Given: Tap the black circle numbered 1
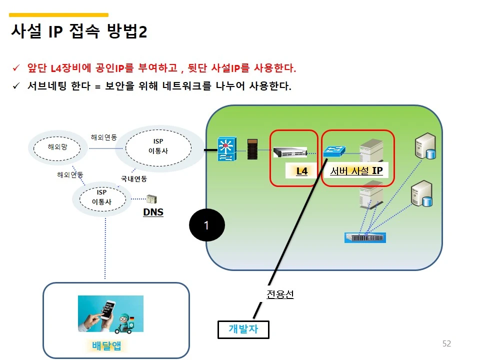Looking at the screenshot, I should pyautogui.click(x=207, y=225).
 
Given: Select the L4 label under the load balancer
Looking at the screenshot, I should pyautogui.click(x=302, y=171).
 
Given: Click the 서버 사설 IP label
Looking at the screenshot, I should pyautogui.click(x=356, y=171).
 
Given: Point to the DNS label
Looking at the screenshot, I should pyautogui.click(x=153, y=212).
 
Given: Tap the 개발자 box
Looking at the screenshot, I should pyautogui.click(x=243, y=329).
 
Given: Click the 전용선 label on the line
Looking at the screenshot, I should pyautogui.click(x=279, y=294).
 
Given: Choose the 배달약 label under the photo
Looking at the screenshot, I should pyautogui.click(x=106, y=345).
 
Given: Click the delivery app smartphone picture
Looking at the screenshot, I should pyautogui.click(x=110, y=313).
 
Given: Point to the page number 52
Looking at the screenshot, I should pyautogui.click(x=446, y=343).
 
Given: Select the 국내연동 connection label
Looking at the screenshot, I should pyautogui.click(x=134, y=178).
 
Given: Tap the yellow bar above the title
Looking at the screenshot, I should pyautogui.click(x=59, y=15).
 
